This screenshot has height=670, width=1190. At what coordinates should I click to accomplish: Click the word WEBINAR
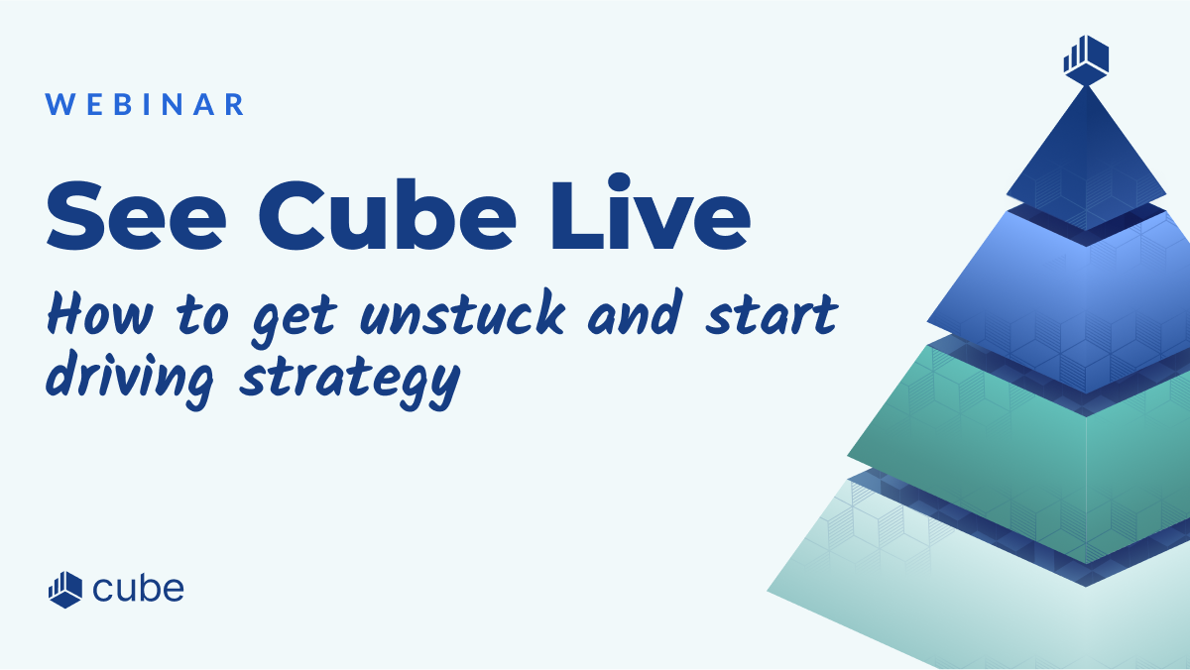pyautogui.click(x=145, y=105)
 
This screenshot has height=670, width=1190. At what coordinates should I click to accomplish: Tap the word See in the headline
pyautogui.click(x=136, y=214)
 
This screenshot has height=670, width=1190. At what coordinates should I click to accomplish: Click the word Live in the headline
pyautogui.click(x=651, y=211)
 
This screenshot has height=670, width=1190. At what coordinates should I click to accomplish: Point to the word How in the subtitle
pyautogui.click(x=99, y=314)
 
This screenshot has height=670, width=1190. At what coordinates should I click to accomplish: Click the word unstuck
pyautogui.click(x=462, y=313)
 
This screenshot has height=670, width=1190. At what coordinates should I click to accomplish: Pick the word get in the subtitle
pyautogui.click(x=295, y=322)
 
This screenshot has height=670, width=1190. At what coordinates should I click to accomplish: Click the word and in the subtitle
pyautogui.click(x=635, y=313)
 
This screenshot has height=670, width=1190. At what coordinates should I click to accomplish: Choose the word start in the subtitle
pyautogui.click(x=772, y=315)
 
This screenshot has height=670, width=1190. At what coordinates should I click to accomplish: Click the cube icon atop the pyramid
pyautogui.click(x=1086, y=60)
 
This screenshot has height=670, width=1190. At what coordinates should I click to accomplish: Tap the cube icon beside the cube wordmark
pyautogui.click(x=65, y=590)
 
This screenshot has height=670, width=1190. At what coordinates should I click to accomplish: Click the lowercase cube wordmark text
pyautogui.click(x=138, y=589)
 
